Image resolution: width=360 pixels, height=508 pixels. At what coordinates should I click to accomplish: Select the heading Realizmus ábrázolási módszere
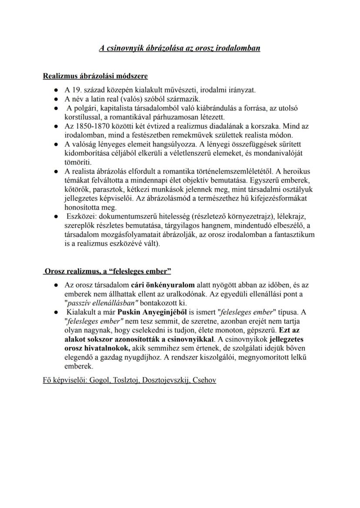tap(95, 76)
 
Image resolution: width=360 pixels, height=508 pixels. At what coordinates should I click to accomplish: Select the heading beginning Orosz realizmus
tap(107, 271)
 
